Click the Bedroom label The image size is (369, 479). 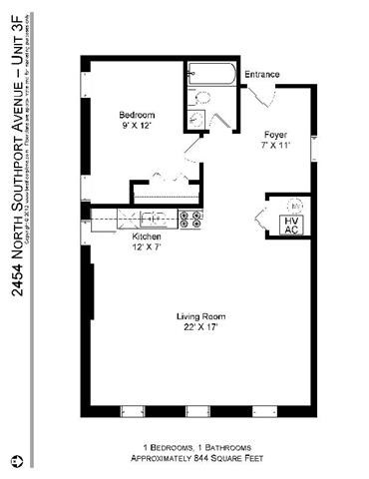click(x=137, y=114)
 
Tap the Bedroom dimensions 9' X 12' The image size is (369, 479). click(x=137, y=125)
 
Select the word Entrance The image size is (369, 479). click(x=261, y=75)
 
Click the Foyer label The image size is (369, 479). click(x=275, y=134)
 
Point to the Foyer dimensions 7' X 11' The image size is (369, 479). click(x=275, y=145)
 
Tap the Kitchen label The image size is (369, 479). click(x=147, y=237)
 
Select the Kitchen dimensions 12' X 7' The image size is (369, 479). click(x=147, y=246)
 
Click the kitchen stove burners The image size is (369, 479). click(x=191, y=219)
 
